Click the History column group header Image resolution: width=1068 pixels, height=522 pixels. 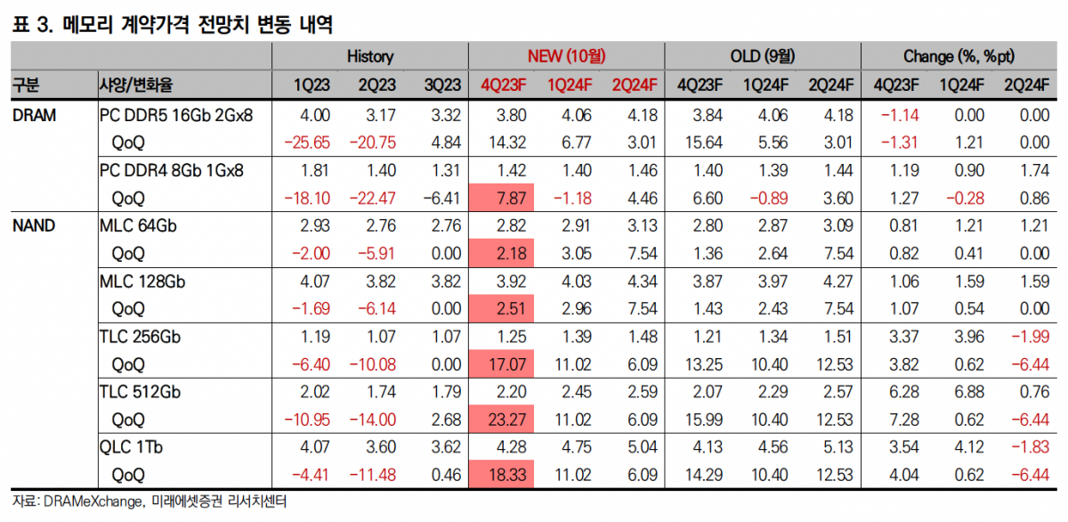coord(369,56)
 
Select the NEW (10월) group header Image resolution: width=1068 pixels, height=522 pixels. coord(567,56)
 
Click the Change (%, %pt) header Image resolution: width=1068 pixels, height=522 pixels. coord(959,56)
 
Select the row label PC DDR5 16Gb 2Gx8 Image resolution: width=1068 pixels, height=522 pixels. coord(176,114)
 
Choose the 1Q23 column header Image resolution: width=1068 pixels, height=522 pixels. coord(312,86)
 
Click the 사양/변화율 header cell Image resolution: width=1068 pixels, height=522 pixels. coord(135,86)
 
